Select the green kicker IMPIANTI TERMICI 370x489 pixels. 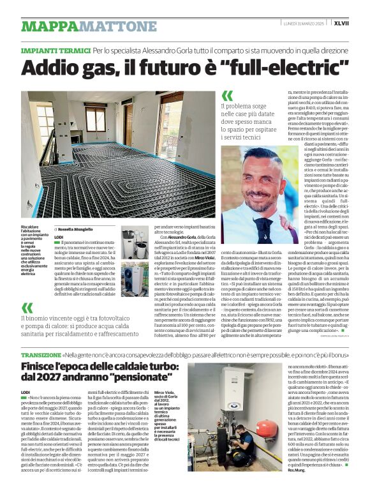click(x=56, y=50)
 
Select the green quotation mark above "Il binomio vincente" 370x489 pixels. click(x=27, y=309)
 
